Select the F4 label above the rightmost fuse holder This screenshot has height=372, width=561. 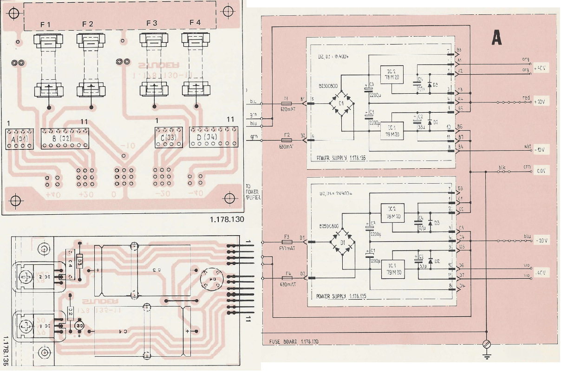(196, 23)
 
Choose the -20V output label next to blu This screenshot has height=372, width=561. (541, 242)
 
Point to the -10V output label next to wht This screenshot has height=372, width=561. (541, 150)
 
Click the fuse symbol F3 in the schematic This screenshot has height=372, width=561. (287, 242)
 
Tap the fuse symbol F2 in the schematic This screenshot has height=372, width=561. (287, 140)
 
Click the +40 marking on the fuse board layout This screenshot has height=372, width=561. (52, 194)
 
